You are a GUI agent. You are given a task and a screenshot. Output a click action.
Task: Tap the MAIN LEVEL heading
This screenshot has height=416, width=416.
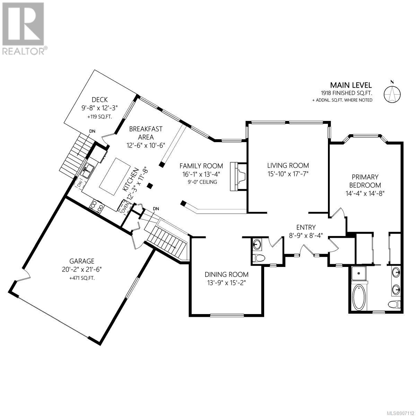pyautogui.click(x=351, y=85)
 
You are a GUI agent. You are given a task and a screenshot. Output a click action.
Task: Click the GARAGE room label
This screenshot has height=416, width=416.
pyautogui.click(x=82, y=261)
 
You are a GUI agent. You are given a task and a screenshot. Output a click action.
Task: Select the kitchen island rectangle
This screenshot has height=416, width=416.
pyautogui.click(x=115, y=173)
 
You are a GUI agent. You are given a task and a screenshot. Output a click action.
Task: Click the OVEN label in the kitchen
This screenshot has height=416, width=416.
pyautogui.click(x=125, y=208)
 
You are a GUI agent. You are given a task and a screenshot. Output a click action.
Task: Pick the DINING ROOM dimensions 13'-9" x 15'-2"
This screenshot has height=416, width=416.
pyautogui.click(x=226, y=283)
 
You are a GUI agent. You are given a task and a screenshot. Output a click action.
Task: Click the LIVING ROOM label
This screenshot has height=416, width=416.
pyautogui.click(x=288, y=165)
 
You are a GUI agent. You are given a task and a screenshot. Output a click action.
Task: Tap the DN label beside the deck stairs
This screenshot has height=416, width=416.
pyautogui.click(x=92, y=131)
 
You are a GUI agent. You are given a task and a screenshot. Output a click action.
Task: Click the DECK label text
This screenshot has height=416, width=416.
pyautogui.click(x=100, y=99)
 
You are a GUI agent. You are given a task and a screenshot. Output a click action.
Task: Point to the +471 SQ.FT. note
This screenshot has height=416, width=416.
pyautogui.click(x=82, y=278)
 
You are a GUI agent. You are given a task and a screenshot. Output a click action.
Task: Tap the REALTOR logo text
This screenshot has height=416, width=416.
pyautogui.click(x=24, y=51)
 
